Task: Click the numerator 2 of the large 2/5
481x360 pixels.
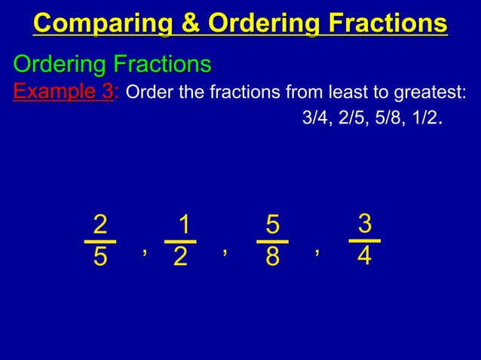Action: pyautogui.click(x=100, y=225)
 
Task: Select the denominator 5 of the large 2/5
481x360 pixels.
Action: pyautogui.click(x=100, y=258)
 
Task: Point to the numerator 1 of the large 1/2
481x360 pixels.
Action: pyautogui.click(x=181, y=225)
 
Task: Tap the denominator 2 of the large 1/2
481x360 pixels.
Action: pyautogui.click(x=180, y=258)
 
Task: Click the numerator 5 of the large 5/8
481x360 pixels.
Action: pyautogui.click(x=272, y=225)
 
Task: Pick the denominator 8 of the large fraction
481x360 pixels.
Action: pyautogui.click(x=272, y=258)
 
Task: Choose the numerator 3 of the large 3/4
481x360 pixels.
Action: pyautogui.click(x=365, y=223)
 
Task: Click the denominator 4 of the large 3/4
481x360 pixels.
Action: pyautogui.click(x=365, y=256)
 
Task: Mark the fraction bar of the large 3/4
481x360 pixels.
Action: pyautogui.click(x=365, y=240)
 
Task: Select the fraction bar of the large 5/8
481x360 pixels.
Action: pyautogui.click(x=272, y=242)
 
